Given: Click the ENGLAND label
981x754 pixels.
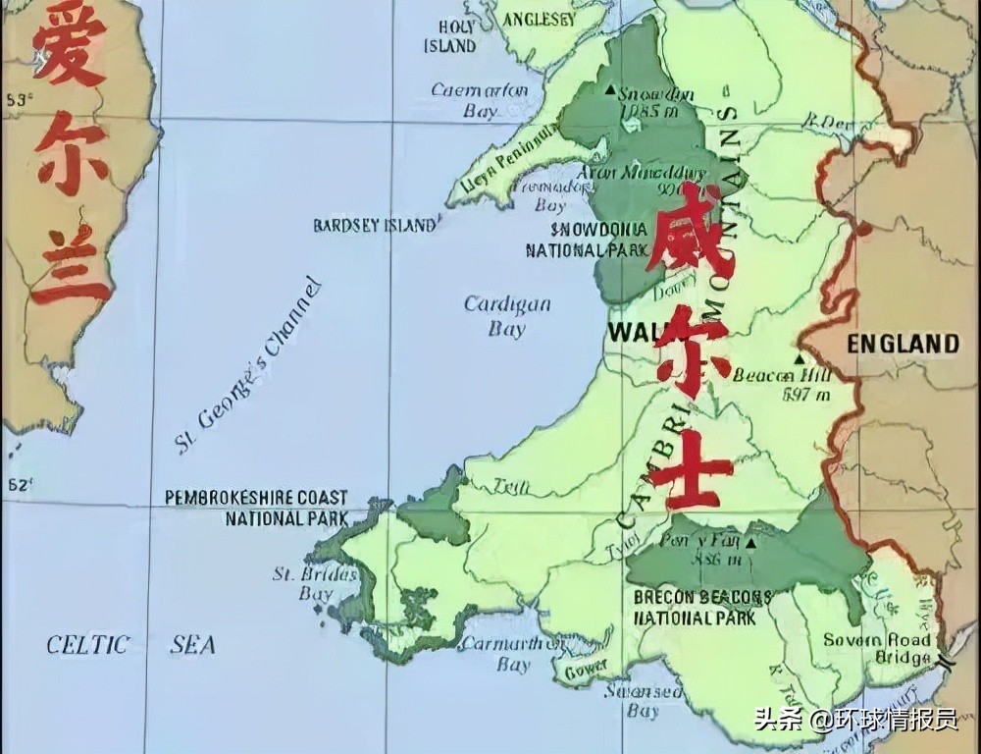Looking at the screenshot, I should [903, 344].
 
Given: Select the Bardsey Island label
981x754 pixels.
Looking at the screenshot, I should [375, 225].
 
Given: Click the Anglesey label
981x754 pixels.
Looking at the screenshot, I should [539, 19].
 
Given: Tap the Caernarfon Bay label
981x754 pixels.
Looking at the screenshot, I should [480, 100].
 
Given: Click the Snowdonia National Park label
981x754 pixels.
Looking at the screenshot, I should [587, 240].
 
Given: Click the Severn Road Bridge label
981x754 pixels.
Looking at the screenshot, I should [876, 648].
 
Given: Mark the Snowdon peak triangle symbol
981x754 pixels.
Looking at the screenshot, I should [611, 90].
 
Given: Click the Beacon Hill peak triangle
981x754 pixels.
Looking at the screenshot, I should [799, 359].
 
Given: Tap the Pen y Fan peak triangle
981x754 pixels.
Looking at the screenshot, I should [750, 541].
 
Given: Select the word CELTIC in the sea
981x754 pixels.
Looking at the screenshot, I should [88, 645].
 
